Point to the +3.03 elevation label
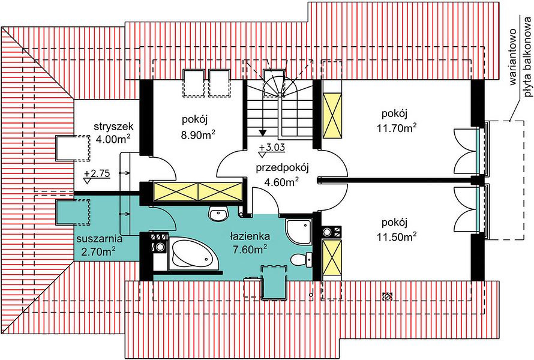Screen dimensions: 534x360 point(271,148)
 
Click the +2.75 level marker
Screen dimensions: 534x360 point(97,173)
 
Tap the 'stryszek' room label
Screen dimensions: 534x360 point(114,127)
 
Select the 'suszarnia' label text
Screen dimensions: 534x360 point(99,239)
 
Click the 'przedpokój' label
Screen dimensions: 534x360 point(282,168)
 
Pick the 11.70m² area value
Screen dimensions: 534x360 point(397,128)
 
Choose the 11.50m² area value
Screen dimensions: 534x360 point(397,236)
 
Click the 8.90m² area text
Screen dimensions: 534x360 point(198,134)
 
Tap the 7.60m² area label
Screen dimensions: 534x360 point(250,250)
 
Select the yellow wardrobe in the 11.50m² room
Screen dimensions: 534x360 point(332,257)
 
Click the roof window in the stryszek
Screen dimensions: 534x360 point(73,148)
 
